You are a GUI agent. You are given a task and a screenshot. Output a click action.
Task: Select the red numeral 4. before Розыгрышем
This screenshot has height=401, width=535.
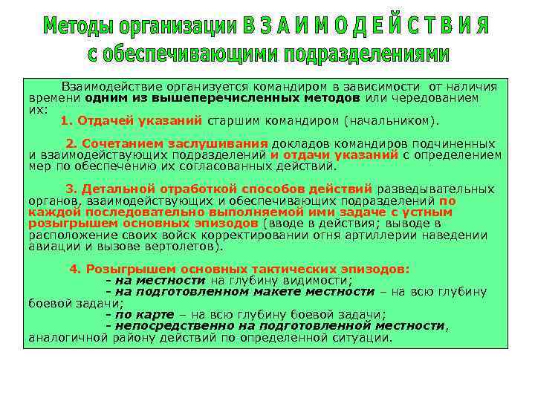74,270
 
